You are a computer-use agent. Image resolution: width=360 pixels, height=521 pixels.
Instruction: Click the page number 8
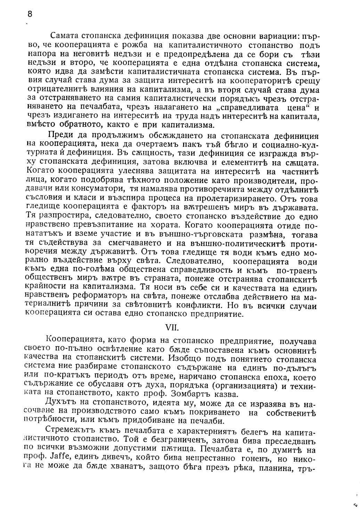30,14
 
